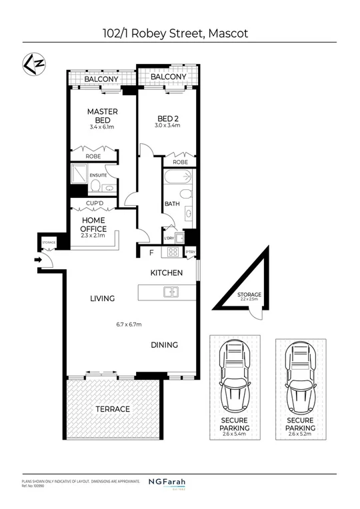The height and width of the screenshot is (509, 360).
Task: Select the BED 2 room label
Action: (168, 117)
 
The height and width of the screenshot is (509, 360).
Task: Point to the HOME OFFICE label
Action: (93, 224)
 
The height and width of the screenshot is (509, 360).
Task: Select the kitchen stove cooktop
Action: (173, 253)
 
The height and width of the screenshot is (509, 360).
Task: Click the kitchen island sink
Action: (170, 291)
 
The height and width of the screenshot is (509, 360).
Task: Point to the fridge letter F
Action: (151, 253)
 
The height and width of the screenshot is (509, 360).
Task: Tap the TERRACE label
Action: (113, 408)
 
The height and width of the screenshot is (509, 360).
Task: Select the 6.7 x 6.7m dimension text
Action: (129, 324)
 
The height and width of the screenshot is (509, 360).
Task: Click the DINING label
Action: (164, 344)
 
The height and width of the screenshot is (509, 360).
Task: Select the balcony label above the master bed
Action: (101, 79)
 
